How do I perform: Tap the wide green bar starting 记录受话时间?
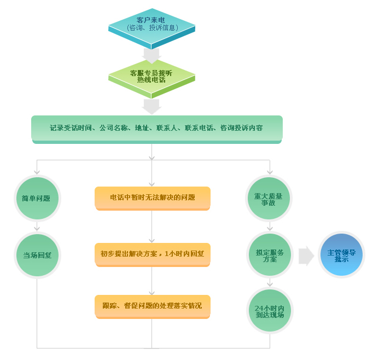156,129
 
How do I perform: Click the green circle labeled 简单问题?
37,198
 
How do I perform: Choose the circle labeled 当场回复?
37,255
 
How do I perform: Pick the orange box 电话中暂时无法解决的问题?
152,198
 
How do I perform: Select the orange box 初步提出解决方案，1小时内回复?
152,254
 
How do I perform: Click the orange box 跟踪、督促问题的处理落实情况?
152,306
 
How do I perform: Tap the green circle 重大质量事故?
269,198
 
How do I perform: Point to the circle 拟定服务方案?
269,255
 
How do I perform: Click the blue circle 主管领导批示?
341,255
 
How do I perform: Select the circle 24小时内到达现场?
269,311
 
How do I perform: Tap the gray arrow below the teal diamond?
151,55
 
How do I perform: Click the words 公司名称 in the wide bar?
114,128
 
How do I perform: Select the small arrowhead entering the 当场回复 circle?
37,229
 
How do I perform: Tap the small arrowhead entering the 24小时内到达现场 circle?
269,284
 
